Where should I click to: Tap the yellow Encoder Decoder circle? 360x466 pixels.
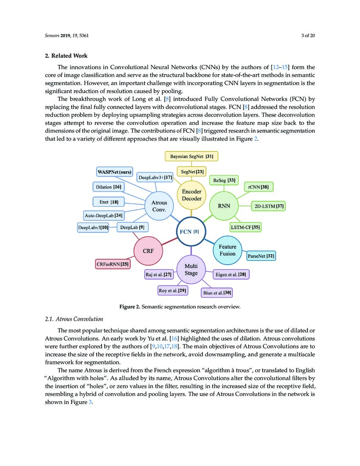[191, 195]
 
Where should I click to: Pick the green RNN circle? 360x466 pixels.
[224, 206]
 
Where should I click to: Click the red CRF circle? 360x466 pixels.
[148, 251]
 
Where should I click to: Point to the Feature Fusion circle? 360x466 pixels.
[227, 250]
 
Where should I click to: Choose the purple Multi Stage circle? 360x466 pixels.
[191, 270]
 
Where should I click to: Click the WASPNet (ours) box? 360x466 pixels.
[114, 172]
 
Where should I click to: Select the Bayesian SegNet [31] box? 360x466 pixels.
[191, 156]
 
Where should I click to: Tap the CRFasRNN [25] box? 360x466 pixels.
[113, 264]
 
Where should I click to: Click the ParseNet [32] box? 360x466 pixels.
[261, 256]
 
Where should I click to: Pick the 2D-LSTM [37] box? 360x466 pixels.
[269, 207]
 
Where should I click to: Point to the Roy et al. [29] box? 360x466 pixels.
[173, 291]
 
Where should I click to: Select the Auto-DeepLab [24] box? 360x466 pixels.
[104, 215]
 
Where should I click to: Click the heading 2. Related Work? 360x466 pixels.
[66, 56]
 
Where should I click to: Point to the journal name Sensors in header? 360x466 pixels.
[53, 36]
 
